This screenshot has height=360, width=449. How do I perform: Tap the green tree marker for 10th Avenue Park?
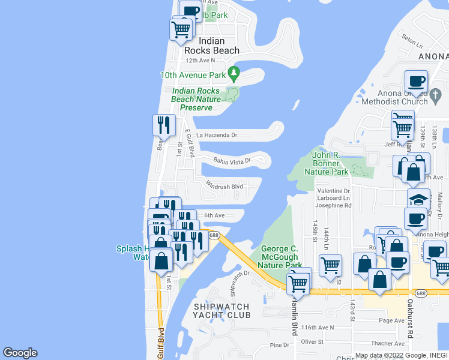point(234,75)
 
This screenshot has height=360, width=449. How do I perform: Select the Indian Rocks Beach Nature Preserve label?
point(196,99)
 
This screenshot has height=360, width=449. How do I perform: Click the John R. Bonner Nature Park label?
point(330,163)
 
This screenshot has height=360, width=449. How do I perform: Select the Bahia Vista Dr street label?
point(232,160)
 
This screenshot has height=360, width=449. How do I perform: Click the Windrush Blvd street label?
point(224,186)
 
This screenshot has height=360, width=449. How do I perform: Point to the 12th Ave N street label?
point(200,60)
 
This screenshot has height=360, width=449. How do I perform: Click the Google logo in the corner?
point(20,353)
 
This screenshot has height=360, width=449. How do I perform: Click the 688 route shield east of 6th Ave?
point(214,235)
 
